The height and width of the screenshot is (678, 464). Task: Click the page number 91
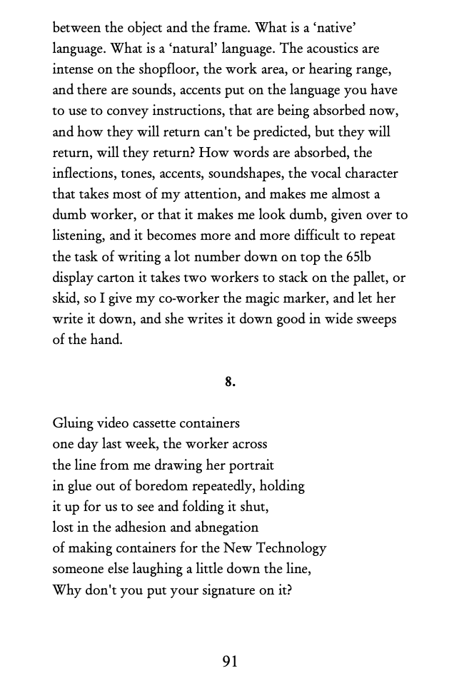click(230, 662)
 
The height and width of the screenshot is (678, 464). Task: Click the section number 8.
click(230, 382)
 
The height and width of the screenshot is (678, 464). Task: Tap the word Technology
click(291, 548)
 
